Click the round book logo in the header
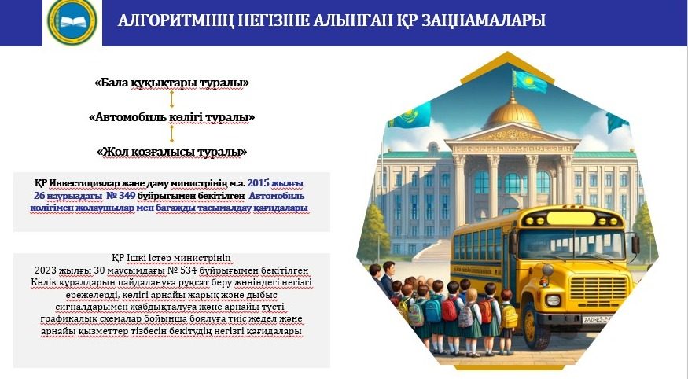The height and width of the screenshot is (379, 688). [72, 21]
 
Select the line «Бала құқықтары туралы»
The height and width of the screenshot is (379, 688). [171, 83]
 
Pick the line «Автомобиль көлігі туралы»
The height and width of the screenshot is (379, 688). [171, 117]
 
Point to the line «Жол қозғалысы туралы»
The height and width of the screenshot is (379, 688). [171, 152]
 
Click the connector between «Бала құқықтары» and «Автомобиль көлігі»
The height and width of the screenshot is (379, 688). [171, 99]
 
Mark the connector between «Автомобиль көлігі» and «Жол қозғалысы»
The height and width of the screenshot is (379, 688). [171, 134]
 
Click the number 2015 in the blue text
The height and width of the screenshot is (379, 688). [258, 183]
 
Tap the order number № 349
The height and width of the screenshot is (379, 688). [121, 196]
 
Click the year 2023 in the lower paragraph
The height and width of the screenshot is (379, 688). [45, 270]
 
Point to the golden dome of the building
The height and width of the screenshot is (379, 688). [512, 114]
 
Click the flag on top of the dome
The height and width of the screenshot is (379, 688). [530, 81]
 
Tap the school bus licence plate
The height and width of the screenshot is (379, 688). [596, 319]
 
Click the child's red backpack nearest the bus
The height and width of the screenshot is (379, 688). [486, 311]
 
